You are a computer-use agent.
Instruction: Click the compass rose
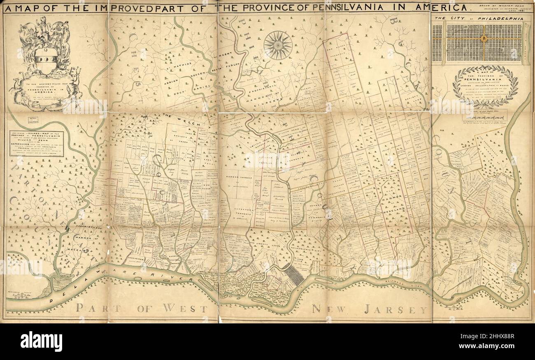(x=278, y=45)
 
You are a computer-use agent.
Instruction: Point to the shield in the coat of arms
(x=45, y=60)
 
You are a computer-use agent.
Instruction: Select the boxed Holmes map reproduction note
(x=37, y=144)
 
